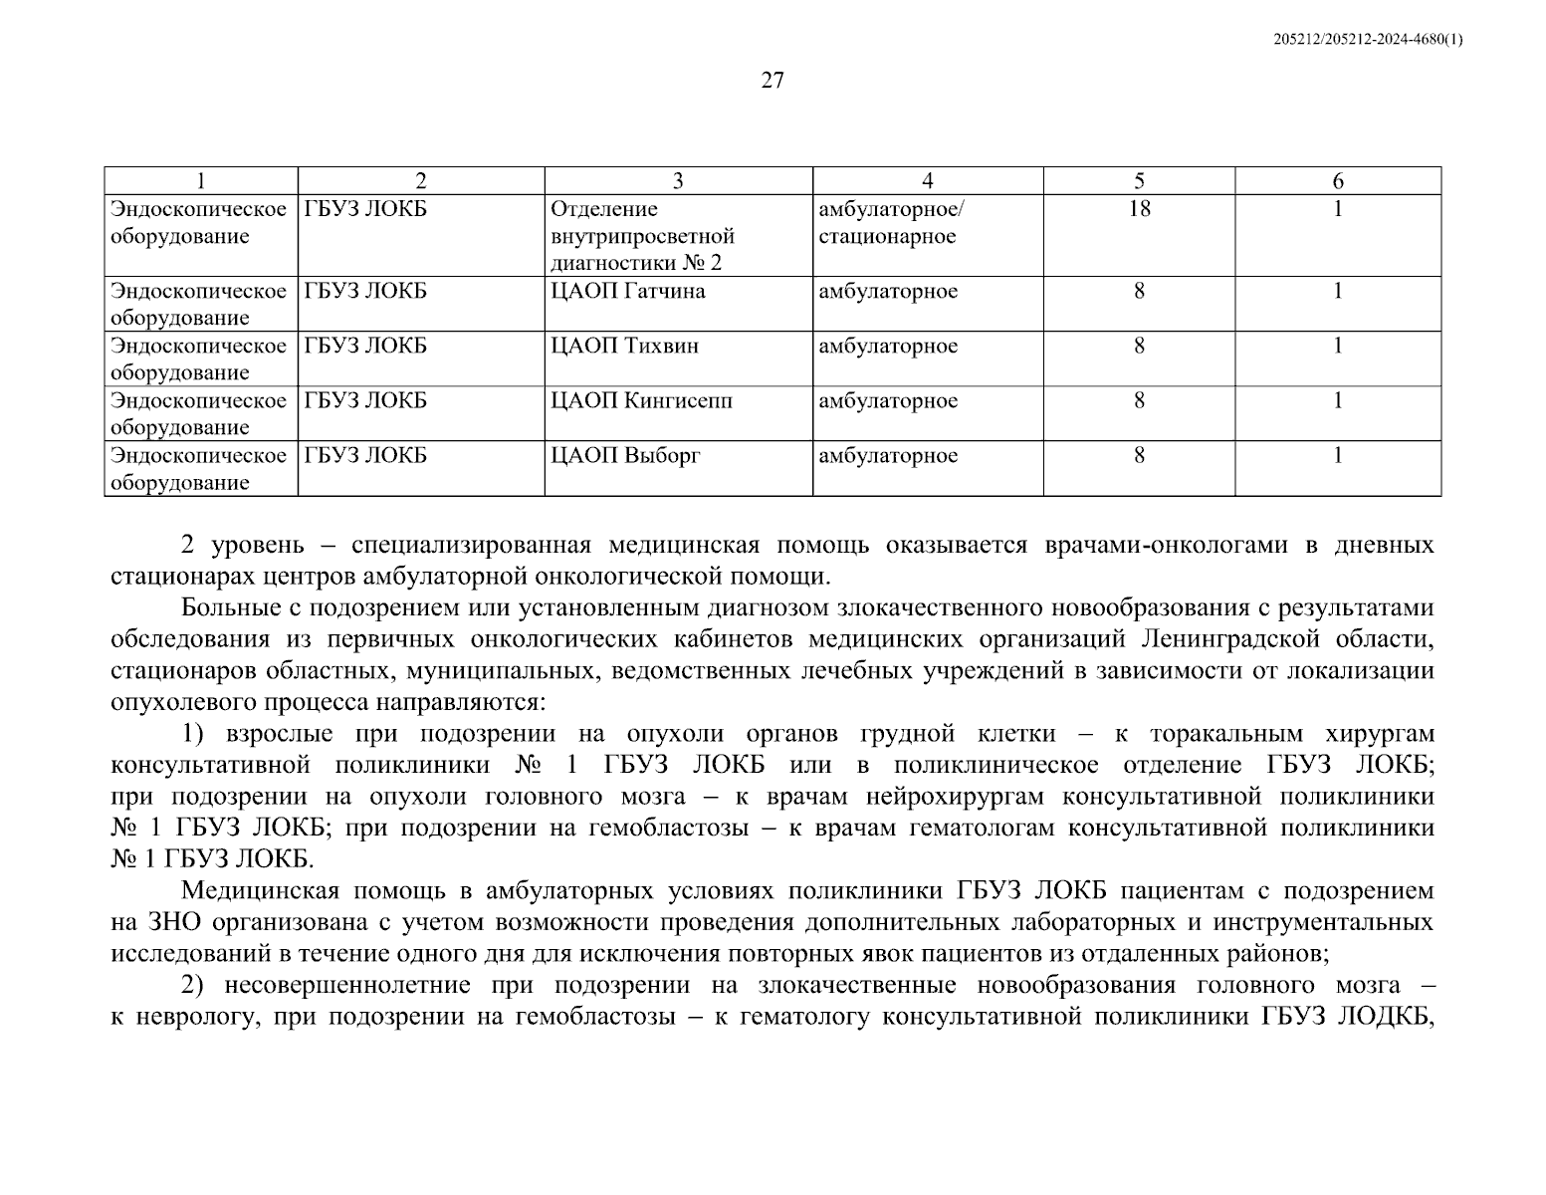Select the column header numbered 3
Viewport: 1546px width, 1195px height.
click(x=678, y=181)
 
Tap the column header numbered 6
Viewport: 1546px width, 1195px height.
click(x=1338, y=181)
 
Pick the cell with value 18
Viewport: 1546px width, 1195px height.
click(x=1139, y=209)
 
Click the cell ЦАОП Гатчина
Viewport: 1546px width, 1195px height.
click(x=627, y=291)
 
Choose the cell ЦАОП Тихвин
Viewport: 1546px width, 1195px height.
click(x=624, y=346)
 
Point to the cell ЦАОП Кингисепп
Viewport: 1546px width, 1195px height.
click(x=641, y=400)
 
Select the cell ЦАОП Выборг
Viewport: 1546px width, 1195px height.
click(x=625, y=455)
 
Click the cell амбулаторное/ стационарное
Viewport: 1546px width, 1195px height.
click(x=891, y=223)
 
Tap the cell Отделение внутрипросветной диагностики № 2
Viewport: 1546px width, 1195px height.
click(x=642, y=236)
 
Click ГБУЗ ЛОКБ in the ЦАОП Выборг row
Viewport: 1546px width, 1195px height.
click(x=365, y=455)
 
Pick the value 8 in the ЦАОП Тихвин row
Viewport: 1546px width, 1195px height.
click(x=1139, y=346)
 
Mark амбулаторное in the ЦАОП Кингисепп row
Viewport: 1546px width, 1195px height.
click(x=888, y=400)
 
